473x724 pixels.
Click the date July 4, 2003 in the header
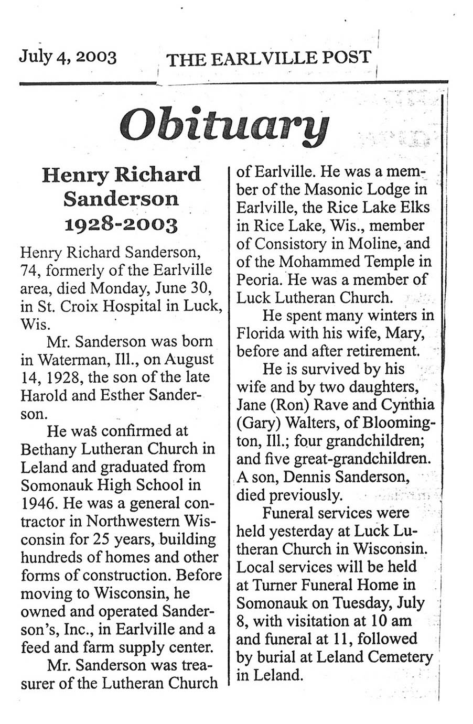point(68,56)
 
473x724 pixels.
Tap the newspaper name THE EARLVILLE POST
point(268,58)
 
